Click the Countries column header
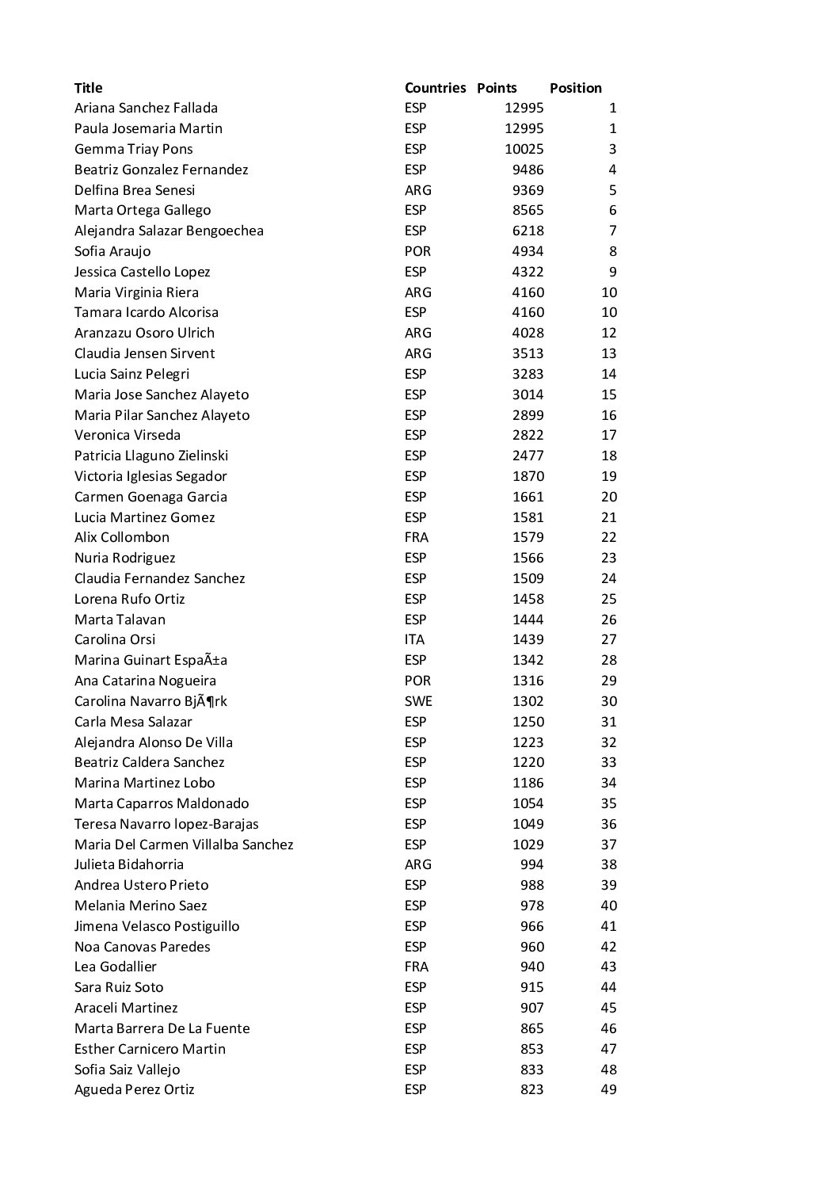[x=435, y=88]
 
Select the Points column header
[x=497, y=88]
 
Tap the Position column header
[x=575, y=88]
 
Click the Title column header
[x=88, y=88]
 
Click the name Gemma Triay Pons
[x=133, y=149]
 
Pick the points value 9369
[x=528, y=190]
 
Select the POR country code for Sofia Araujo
[x=417, y=251]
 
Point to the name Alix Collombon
[x=121, y=537]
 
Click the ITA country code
[x=414, y=639]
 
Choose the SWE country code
[x=418, y=701]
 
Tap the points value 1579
[x=528, y=537]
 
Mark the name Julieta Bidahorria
[x=128, y=864]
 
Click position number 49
[x=608, y=1089]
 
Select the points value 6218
[x=528, y=231]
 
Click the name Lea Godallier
[x=115, y=967]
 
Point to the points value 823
[x=531, y=1089]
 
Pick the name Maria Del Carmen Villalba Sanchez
[x=183, y=845]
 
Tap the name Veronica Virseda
[x=127, y=435]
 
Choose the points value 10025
[x=524, y=149]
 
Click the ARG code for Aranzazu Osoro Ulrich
[x=417, y=333]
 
